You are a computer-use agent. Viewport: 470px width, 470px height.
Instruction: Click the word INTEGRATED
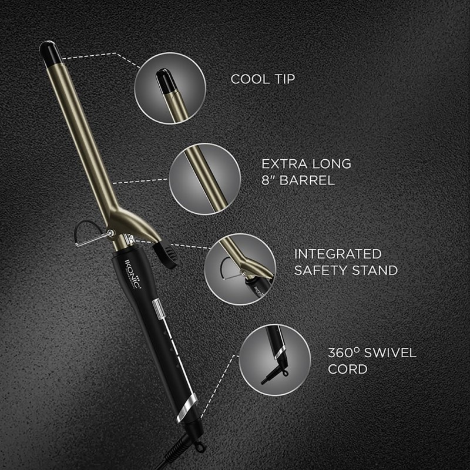338,254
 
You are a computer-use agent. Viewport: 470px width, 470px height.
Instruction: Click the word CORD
348,370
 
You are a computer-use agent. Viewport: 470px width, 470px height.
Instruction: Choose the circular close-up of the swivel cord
275,360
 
